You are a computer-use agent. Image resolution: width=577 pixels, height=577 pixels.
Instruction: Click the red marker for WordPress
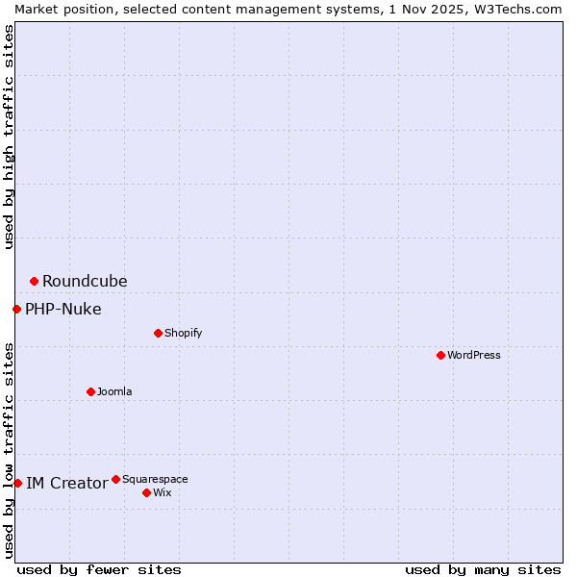pyautogui.click(x=440, y=355)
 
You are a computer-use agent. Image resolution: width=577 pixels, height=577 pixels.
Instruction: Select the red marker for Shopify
pyautogui.click(x=158, y=333)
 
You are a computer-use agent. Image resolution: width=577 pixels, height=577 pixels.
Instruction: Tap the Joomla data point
pyautogui.click(x=90, y=391)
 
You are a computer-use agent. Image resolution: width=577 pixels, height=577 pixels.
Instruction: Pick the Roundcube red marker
pyautogui.click(x=34, y=281)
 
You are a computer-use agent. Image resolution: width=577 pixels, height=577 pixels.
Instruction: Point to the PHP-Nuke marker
pyautogui.click(x=16, y=309)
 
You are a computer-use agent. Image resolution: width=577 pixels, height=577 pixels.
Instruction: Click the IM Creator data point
pyautogui.click(x=17, y=483)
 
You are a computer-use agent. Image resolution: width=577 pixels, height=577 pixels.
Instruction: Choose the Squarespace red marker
pyautogui.click(x=115, y=479)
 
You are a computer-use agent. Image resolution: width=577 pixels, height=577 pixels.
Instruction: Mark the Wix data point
pyautogui.click(x=146, y=492)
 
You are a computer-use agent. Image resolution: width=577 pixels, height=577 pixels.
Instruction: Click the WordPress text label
pyautogui.click(x=474, y=355)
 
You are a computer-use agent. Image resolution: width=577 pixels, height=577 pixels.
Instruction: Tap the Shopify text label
pyautogui.click(x=184, y=333)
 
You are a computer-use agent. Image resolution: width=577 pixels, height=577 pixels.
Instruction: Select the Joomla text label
pyautogui.click(x=114, y=391)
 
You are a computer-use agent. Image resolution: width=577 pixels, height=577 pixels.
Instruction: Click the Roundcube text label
pyautogui.click(x=85, y=281)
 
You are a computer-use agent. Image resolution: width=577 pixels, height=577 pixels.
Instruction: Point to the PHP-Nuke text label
pyautogui.click(x=63, y=309)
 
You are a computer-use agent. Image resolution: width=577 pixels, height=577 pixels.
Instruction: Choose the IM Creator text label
pyautogui.click(x=66, y=483)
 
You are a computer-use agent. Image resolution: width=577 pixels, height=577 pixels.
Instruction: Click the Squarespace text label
pyautogui.click(x=155, y=479)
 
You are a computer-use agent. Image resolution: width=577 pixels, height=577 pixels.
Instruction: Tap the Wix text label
pyautogui.click(x=162, y=492)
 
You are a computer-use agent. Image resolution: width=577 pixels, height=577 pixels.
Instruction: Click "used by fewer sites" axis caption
pyautogui.click(x=99, y=569)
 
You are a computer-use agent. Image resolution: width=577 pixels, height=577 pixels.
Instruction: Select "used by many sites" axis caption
pyautogui.click(x=483, y=569)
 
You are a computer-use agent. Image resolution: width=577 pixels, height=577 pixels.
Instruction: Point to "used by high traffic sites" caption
pyautogui.click(x=9, y=137)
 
